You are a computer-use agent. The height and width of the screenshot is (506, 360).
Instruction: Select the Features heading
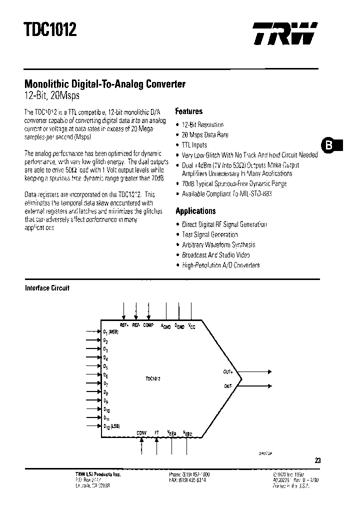[188, 111]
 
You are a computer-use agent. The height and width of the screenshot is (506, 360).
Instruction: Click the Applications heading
[195, 211]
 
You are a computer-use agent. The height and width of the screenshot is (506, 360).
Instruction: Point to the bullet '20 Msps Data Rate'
[205, 135]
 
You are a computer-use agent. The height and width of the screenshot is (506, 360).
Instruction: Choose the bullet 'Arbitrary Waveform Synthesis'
[218, 245]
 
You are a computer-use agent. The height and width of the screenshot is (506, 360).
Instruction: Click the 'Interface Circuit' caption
[47, 288]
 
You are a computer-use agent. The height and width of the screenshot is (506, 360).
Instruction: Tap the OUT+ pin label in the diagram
[228, 372]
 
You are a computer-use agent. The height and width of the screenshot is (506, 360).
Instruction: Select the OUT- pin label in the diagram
[228, 386]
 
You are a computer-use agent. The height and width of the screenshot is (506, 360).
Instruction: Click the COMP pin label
[148, 325]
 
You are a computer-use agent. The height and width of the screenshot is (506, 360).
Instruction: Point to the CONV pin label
[142, 433]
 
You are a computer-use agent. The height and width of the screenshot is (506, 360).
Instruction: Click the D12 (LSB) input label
[111, 426]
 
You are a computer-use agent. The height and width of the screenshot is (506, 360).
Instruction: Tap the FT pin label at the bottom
[157, 433]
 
